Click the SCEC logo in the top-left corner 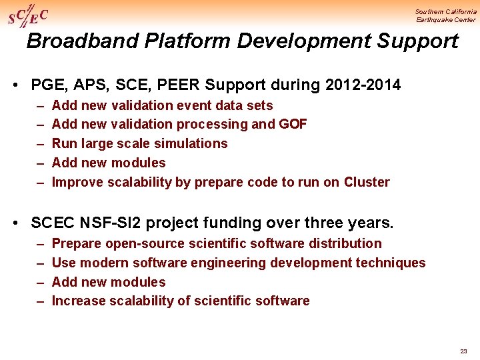coord(27,15)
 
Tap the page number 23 coord(463,351)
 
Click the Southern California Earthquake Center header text coord(445,15)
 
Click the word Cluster coord(367,182)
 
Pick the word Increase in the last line coord(77,301)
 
